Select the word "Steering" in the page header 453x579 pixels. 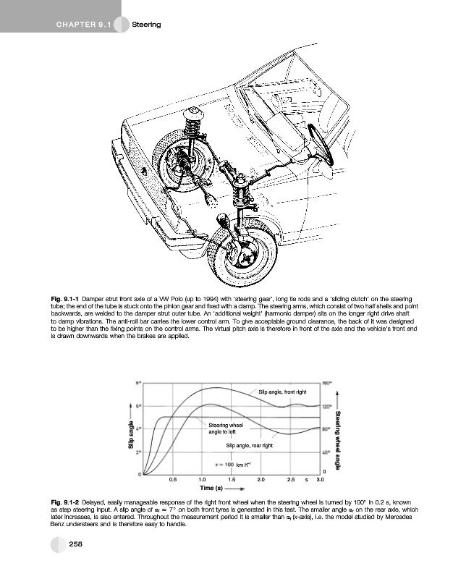[145, 25]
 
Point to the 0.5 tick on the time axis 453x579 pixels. [172, 479]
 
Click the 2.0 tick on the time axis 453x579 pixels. [261, 479]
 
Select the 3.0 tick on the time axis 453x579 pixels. [320, 479]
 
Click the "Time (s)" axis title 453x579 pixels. [213, 489]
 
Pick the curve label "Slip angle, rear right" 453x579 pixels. [249, 445]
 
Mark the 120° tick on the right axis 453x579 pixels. [327, 406]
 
